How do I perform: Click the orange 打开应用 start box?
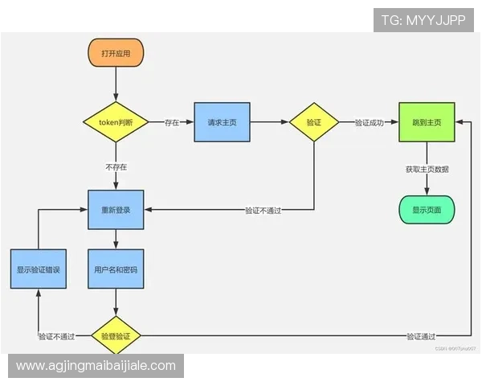(x=116, y=53)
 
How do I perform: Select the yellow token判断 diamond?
(x=116, y=122)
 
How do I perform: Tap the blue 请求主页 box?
(x=222, y=122)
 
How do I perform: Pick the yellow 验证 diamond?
(x=314, y=122)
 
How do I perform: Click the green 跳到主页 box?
(x=427, y=122)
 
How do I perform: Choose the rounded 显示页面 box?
(x=427, y=210)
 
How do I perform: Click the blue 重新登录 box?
(x=116, y=210)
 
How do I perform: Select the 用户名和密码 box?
(x=116, y=270)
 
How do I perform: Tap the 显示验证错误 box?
(x=38, y=270)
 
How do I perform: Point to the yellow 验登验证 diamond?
(x=116, y=335)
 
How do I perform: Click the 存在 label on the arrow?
(x=172, y=123)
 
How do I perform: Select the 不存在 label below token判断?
(x=116, y=167)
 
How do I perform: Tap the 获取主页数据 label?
(x=427, y=170)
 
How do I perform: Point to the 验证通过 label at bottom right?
(x=421, y=336)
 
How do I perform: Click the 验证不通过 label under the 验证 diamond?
(x=268, y=211)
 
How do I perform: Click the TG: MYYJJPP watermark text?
(x=423, y=19)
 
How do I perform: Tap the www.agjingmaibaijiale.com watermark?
(x=96, y=366)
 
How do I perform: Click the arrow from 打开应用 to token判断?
(x=116, y=84)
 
